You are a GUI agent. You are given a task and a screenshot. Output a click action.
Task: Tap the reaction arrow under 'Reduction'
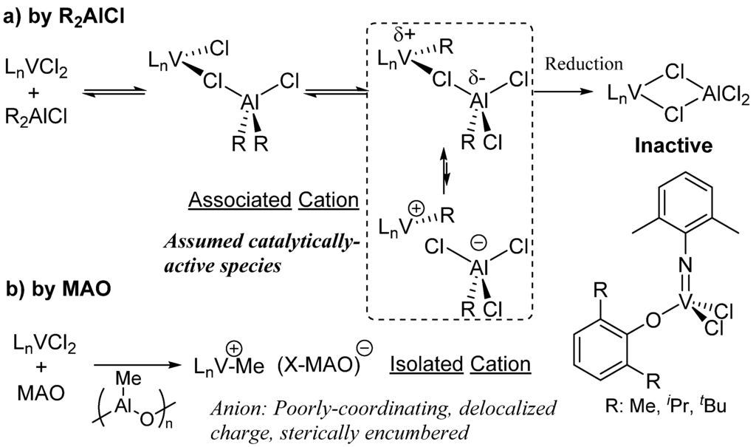(x=565, y=92)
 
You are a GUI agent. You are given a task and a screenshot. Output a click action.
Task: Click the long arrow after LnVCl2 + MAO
(x=138, y=364)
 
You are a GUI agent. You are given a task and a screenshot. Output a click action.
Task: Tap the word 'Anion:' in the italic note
(x=236, y=406)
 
